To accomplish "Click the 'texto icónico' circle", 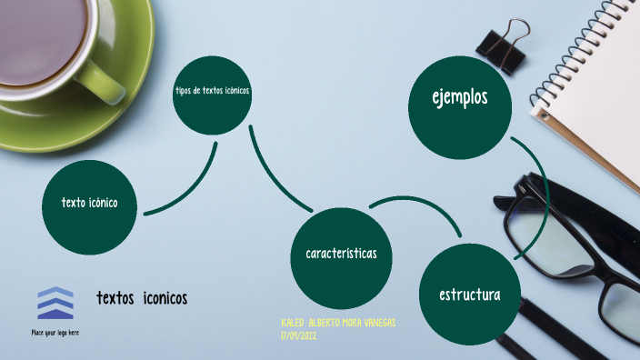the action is (x=90, y=207).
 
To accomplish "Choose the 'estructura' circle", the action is (x=469, y=293).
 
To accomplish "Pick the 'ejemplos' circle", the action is (x=459, y=102).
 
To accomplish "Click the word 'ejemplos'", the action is (x=459, y=97).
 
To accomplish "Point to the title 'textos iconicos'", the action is (x=143, y=298).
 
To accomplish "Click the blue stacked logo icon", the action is (x=55, y=304).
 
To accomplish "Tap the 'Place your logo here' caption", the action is (x=55, y=333).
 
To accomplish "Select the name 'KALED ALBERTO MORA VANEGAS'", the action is (x=338, y=324).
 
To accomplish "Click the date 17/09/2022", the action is (x=299, y=335).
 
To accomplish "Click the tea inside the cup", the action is (x=41, y=36).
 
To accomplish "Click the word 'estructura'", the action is (x=469, y=295).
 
